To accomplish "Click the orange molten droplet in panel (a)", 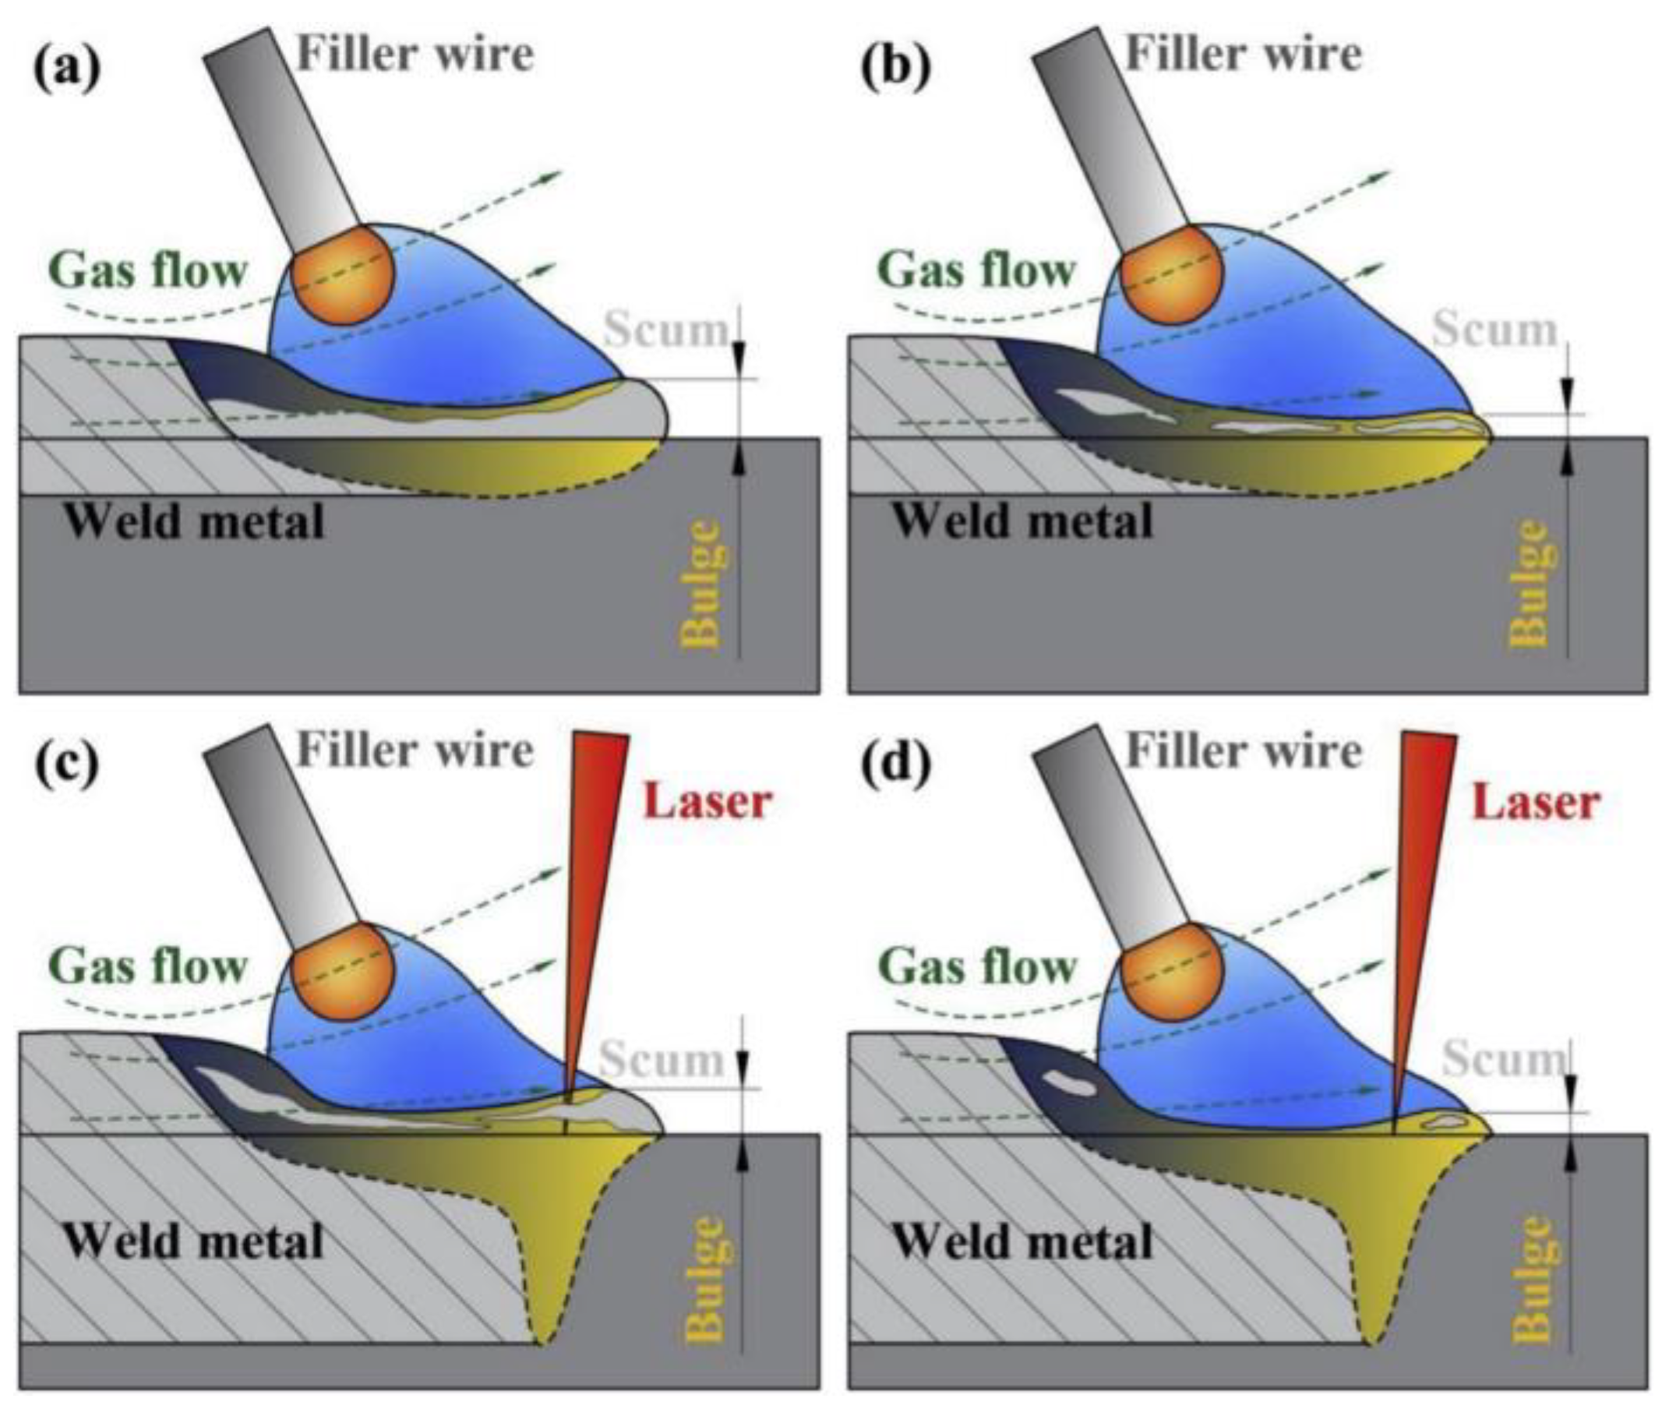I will pos(343,275).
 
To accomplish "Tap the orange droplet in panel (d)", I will pos(1171,971).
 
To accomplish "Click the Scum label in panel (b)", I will pos(1494,329).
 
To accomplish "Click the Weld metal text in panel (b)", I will pos(1022,521).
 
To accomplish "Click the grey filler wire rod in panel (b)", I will pos(1110,136).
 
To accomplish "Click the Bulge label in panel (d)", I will pos(1531,1278).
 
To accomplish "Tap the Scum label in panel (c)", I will pos(662,1059).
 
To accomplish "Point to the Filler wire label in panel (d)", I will pos(1244,750).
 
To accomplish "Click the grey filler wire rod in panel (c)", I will pos(281,831).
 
